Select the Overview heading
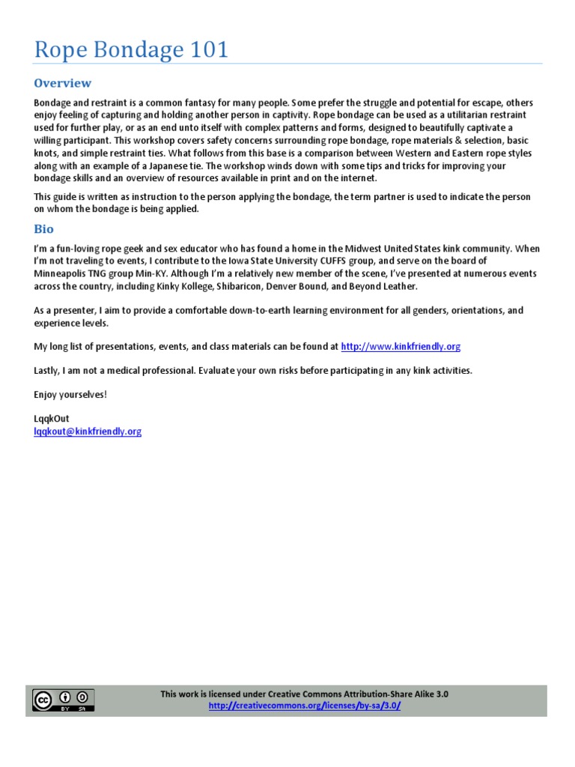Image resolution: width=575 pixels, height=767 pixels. click(63, 83)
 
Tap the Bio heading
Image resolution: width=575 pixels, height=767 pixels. click(44, 229)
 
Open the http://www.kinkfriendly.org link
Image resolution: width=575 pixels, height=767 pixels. click(401, 346)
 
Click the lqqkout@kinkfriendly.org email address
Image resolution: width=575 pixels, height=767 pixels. click(88, 431)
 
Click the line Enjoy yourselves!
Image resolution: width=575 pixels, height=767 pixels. click(70, 395)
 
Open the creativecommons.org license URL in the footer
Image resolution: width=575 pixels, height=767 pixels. click(305, 706)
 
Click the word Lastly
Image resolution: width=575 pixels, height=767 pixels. click(48, 371)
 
